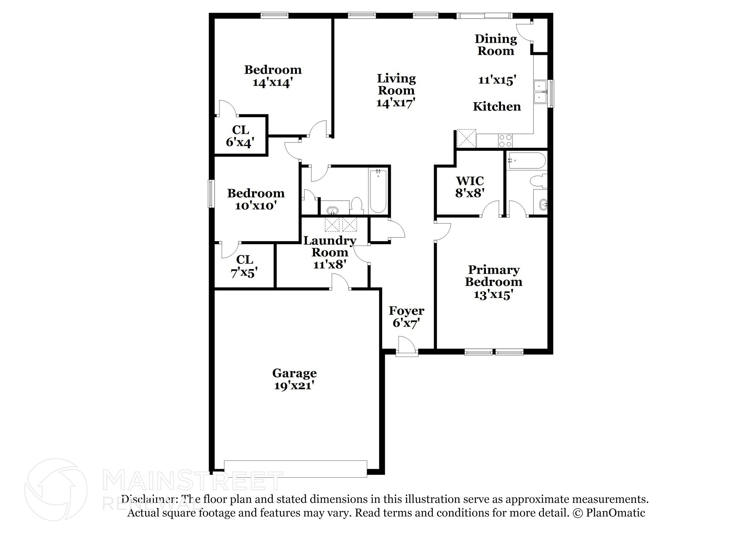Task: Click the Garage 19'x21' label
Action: [x=294, y=379]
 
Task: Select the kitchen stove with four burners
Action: [x=506, y=141]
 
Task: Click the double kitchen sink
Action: [x=540, y=92]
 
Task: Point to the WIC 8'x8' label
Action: [x=470, y=187]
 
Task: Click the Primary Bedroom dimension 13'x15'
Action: [x=493, y=295]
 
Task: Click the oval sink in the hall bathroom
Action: [x=333, y=211]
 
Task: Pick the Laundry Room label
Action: [x=330, y=246]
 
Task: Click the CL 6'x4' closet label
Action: [x=240, y=136]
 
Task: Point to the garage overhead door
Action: [x=295, y=469]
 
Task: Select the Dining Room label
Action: [x=495, y=45]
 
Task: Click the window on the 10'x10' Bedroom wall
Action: [x=211, y=193]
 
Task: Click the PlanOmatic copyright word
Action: [x=615, y=513]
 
